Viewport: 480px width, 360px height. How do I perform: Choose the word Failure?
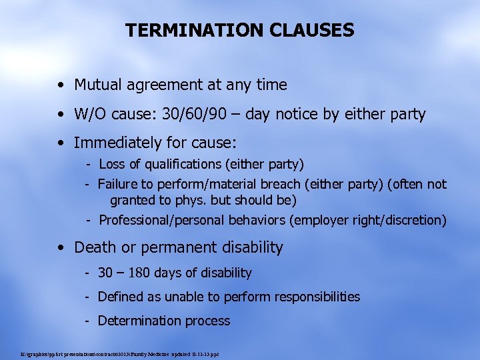[117, 184]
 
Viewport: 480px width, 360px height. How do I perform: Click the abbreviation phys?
[178, 200]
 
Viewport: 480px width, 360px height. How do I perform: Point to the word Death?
[92, 247]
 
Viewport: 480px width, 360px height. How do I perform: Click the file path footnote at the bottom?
[121, 353]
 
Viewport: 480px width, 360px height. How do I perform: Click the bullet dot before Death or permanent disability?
[61, 248]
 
